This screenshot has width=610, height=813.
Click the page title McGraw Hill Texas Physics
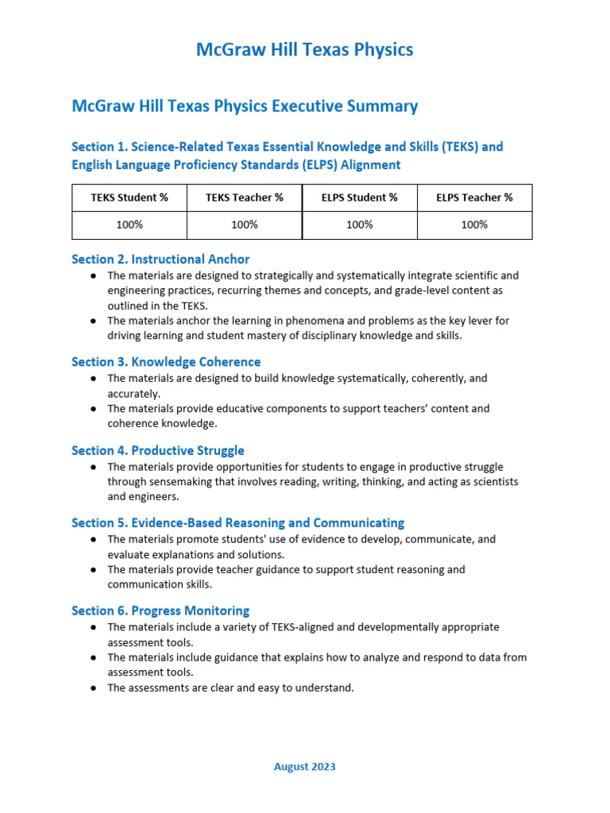(305, 50)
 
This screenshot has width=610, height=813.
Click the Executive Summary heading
(245, 106)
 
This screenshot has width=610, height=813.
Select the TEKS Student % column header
(129, 198)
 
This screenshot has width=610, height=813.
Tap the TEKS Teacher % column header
(245, 198)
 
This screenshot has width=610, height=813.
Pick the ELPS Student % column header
(360, 198)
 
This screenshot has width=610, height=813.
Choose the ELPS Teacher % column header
(474, 198)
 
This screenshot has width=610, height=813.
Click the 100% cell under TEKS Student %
(129, 225)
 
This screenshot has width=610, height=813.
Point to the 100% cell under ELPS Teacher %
(474, 225)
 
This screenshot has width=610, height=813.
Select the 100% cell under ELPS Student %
(360, 225)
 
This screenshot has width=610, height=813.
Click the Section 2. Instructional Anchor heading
(160, 259)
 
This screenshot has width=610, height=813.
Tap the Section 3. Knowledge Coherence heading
(166, 362)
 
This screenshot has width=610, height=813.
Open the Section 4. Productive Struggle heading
(158, 450)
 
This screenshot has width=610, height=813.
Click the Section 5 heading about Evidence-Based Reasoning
(238, 522)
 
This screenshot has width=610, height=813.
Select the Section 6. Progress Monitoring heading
(160, 611)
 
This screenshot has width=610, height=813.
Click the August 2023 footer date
(305, 766)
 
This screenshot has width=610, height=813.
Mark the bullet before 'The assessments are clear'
(94, 688)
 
